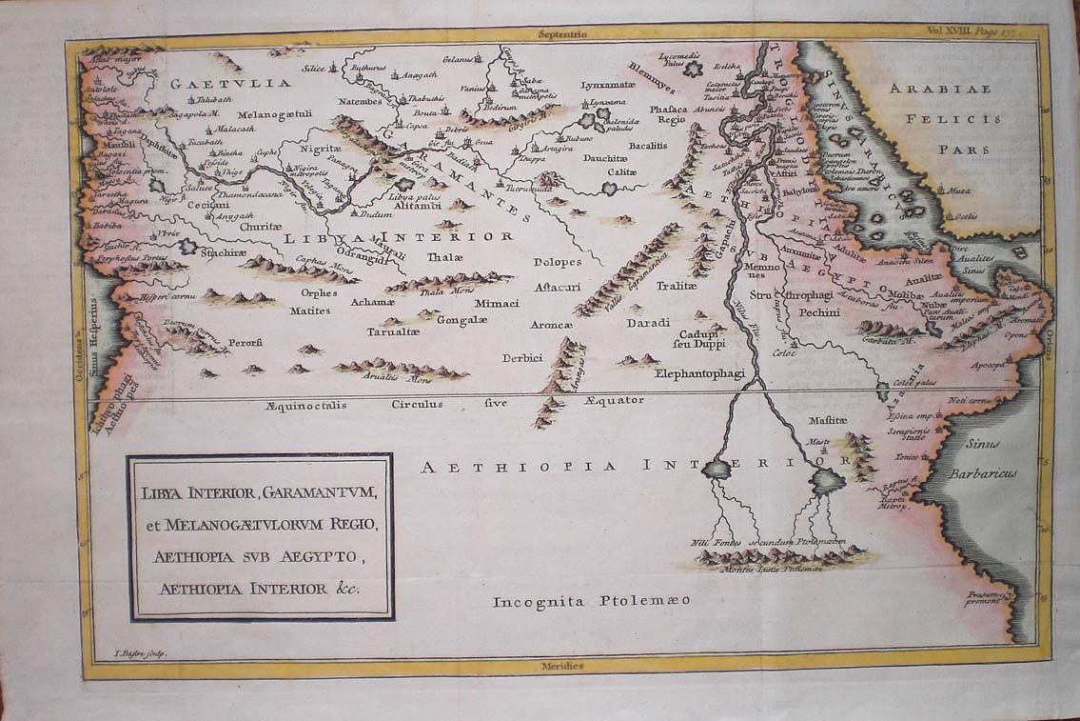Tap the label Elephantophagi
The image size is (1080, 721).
pyautogui.click(x=699, y=373)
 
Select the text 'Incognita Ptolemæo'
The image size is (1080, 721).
pyautogui.click(x=591, y=601)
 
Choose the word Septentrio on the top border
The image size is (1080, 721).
pyautogui.click(x=563, y=33)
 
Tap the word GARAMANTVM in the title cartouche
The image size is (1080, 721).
pyautogui.click(x=320, y=493)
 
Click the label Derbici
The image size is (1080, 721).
pyautogui.click(x=522, y=358)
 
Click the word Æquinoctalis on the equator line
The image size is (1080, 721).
pyautogui.click(x=306, y=405)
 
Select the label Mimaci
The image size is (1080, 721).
pyautogui.click(x=496, y=303)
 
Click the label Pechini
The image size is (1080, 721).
pyautogui.click(x=818, y=311)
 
